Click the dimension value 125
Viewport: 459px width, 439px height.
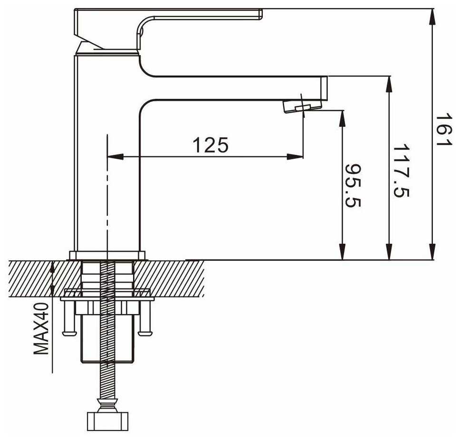click(210, 145)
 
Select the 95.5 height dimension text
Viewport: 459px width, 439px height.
click(353, 186)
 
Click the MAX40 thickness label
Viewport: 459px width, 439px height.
click(42, 329)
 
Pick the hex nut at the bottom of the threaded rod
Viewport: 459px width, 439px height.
click(107, 420)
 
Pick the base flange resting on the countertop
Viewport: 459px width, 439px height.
click(107, 255)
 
